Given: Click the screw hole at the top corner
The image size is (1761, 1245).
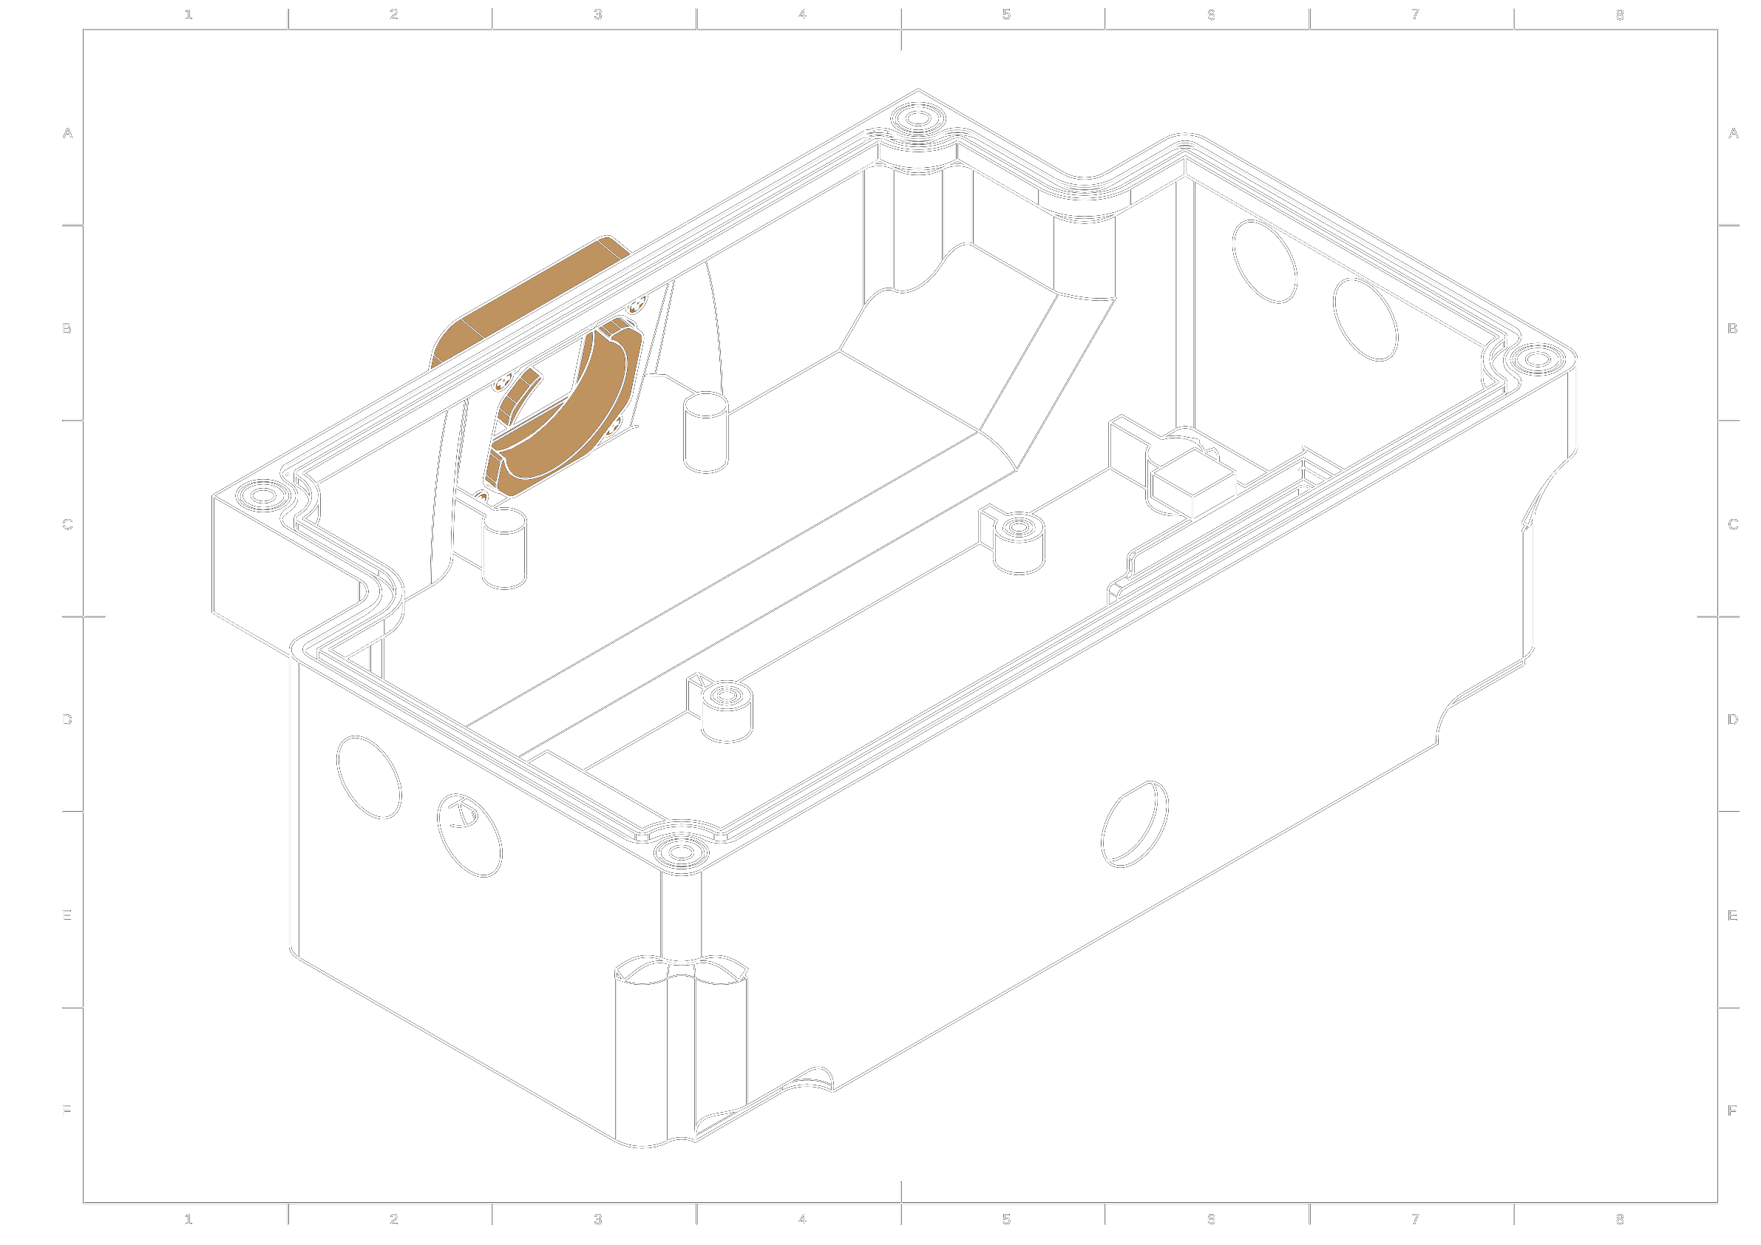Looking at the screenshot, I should coord(918,118).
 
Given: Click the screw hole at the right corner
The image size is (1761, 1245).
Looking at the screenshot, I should coord(1537,359).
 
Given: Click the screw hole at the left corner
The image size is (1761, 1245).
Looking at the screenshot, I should coord(263,495).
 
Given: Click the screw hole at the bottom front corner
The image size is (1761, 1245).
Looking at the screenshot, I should coord(681,852).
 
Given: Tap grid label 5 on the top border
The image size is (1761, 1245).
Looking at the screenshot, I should coord(1006,15).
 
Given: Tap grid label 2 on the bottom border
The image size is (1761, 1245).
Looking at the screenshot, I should coord(393,1219).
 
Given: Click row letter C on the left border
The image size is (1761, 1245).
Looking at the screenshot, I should coord(67,525).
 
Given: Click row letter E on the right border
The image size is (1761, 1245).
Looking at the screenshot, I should coord(1732,915).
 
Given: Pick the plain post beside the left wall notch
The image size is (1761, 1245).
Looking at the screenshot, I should coord(504,549).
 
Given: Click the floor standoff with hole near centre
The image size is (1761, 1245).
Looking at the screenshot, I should coord(1019,540).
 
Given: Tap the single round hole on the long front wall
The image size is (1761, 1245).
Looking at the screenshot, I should coord(1134,824).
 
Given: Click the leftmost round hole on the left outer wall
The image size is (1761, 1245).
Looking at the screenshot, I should coord(369,777).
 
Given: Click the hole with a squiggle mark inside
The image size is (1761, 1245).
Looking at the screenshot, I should coord(469,835).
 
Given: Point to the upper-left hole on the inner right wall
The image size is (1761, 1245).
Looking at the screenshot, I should coord(1264,262).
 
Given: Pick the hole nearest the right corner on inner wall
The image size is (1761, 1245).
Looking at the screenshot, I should coord(1365,319).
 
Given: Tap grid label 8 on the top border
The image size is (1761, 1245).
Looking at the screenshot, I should coord(1619,15).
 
